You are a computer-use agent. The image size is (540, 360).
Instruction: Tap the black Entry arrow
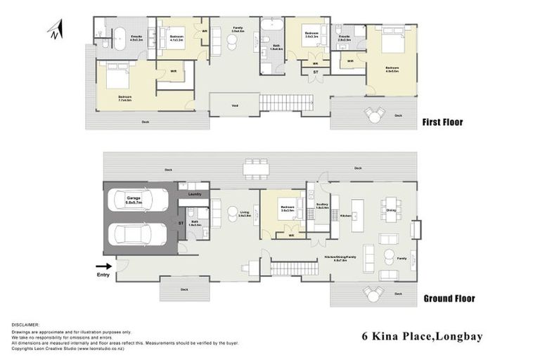coord(103,266)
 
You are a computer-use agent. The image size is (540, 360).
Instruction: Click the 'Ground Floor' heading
coord(449,298)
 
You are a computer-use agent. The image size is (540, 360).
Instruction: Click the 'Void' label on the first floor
coord(234,106)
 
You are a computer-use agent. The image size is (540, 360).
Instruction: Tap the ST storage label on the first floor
coord(316,71)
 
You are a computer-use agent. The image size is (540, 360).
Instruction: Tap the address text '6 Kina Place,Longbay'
coord(421,336)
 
